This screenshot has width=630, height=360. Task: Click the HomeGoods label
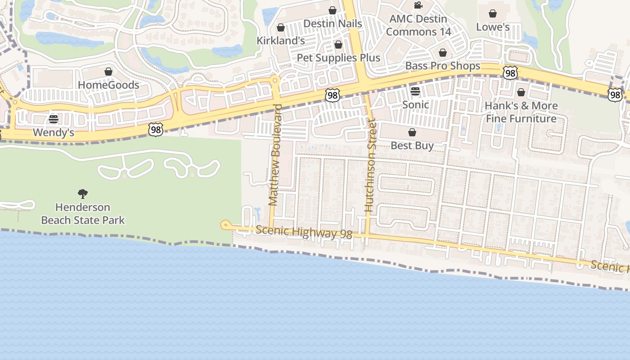(x=108, y=85)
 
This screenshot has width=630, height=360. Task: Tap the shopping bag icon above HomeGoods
(x=108, y=72)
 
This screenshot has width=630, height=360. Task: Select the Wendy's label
(x=54, y=133)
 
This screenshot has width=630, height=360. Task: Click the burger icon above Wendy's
(x=54, y=119)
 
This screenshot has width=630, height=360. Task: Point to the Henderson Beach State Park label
(x=83, y=214)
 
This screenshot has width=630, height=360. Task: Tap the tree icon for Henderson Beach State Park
(x=83, y=194)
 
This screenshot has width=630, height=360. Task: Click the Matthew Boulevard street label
(x=274, y=155)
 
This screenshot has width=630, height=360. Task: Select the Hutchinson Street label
(x=370, y=165)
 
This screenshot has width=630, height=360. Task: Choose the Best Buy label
(x=412, y=145)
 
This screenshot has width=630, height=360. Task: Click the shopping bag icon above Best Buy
(x=412, y=132)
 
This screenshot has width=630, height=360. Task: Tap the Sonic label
(x=415, y=104)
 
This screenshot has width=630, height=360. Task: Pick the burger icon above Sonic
(x=415, y=91)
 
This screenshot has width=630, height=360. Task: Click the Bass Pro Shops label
(x=443, y=66)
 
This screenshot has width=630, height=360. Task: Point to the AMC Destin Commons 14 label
(x=418, y=25)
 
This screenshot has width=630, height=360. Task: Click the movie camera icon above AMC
(x=418, y=5)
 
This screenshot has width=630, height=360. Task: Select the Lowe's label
(x=493, y=27)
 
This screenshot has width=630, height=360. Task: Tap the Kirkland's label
(x=281, y=40)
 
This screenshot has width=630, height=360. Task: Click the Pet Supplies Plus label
(x=338, y=58)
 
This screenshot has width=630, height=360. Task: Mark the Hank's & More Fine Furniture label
(x=521, y=112)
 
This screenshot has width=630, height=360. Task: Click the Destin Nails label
(x=333, y=23)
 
